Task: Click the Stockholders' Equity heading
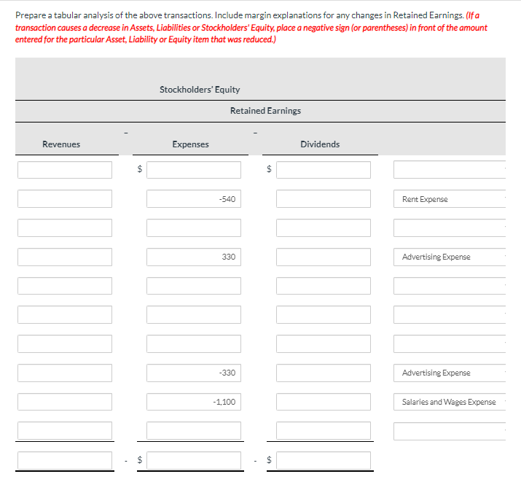coord(200,89)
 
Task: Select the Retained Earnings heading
coord(265,111)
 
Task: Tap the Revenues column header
coord(61,144)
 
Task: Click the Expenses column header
coord(191,144)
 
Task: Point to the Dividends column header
coord(320,144)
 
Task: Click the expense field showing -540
coord(193,199)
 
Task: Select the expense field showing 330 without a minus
coord(193,257)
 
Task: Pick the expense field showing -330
coord(193,373)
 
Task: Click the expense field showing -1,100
coord(193,402)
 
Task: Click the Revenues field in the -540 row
coord(65,199)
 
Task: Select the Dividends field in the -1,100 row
coord(323,402)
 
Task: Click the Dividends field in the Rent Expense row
coord(323,199)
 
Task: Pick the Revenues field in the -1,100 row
coord(65,402)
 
